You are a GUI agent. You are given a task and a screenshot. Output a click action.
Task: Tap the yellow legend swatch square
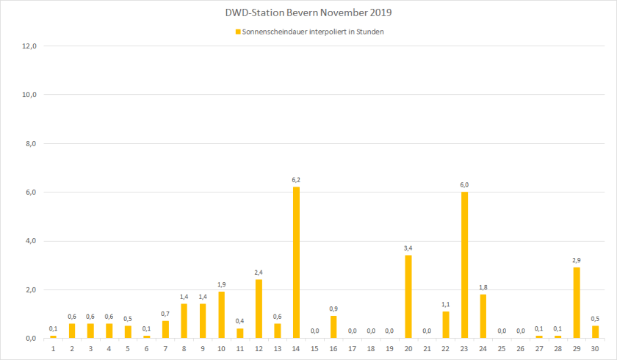[x=237, y=32]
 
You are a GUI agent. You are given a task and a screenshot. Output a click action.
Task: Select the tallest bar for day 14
[x=296, y=262]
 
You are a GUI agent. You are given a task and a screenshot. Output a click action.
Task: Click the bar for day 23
[x=464, y=264]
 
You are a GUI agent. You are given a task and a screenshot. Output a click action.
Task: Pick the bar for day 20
[x=408, y=297]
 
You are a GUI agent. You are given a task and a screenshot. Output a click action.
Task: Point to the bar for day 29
[x=577, y=303]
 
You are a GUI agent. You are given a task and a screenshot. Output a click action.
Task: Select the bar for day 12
[x=259, y=309]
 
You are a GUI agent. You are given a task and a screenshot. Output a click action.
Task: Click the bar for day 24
[x=483, y=316]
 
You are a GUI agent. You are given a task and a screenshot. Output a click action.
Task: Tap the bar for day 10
[x=221, y=314]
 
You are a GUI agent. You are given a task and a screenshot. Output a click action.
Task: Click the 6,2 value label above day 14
[x=296, y=179]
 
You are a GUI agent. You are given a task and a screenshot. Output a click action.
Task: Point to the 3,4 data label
[x=408, y=248]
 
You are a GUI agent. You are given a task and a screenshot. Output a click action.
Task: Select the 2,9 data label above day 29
[x=577, y=260]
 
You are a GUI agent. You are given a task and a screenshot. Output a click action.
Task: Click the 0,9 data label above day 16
[x=333, y=309]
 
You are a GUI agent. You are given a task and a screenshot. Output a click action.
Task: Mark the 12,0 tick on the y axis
[x=31, y=46]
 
